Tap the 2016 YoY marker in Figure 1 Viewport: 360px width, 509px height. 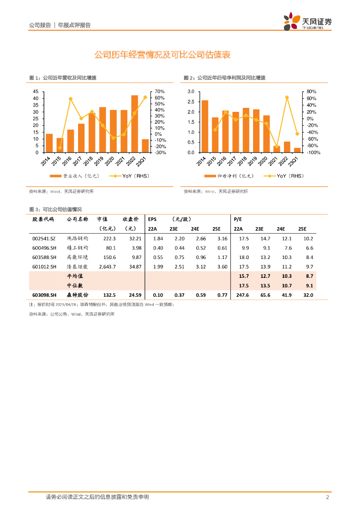tap(71, 99)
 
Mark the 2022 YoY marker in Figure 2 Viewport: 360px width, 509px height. tap(287, 97)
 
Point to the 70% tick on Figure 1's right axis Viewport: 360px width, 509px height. tap(159, 91)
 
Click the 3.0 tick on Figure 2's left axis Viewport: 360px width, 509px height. tap(190, 91)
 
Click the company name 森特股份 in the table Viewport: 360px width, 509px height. tap(77, 295)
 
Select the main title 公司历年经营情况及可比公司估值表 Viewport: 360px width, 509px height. tap(162, 55)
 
